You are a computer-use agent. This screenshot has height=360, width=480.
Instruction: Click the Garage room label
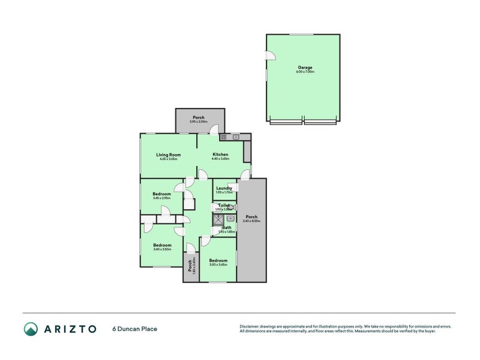(305, 67)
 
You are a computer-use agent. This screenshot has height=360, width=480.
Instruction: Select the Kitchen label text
(220, 155)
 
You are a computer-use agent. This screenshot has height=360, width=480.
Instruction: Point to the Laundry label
(224, 188)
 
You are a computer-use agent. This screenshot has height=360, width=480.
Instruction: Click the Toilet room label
(224, 205)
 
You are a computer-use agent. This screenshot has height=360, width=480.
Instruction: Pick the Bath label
(227, 227)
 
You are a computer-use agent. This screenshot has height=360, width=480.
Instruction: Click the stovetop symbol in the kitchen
(223, 137)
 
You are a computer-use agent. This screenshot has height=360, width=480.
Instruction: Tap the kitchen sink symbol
(236, 137)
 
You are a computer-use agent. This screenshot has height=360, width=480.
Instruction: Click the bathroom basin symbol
(230, 218)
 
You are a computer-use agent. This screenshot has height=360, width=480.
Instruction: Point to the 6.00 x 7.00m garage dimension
(305, 72)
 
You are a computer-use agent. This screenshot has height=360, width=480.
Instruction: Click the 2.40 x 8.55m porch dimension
(251, 221)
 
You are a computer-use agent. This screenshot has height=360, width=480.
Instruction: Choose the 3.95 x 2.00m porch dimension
(199, 122)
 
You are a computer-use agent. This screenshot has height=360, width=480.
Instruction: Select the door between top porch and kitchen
(214, 130)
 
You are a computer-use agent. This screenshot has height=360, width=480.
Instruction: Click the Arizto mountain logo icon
(31, 328)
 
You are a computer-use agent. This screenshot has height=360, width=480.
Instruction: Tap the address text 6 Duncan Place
(135, 329)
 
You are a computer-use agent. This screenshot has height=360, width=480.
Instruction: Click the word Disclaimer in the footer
(251, 326)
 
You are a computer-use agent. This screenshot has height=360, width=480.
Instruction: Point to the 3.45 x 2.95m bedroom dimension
(161, 198)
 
